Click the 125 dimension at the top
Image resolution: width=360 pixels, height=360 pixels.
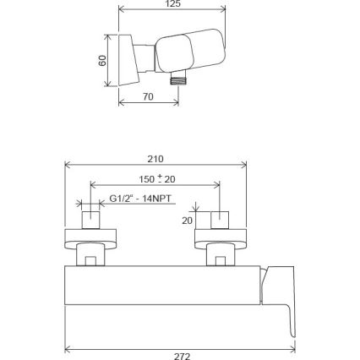(172, 4)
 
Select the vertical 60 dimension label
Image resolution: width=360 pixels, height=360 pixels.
(102, 61)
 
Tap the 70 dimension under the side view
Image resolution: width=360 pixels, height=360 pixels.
(148, 97)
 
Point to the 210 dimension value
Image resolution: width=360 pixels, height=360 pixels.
(155, 159)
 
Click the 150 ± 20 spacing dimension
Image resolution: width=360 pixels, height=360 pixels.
(156, 179)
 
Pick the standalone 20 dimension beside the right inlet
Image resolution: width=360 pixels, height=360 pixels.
(188, 220)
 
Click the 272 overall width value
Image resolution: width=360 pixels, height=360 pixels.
(182, 356)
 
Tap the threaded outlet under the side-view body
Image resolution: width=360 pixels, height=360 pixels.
(177, 79)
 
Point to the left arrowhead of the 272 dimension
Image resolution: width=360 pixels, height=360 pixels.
(68, 346)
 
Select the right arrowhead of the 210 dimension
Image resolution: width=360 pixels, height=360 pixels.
(244, 165)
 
